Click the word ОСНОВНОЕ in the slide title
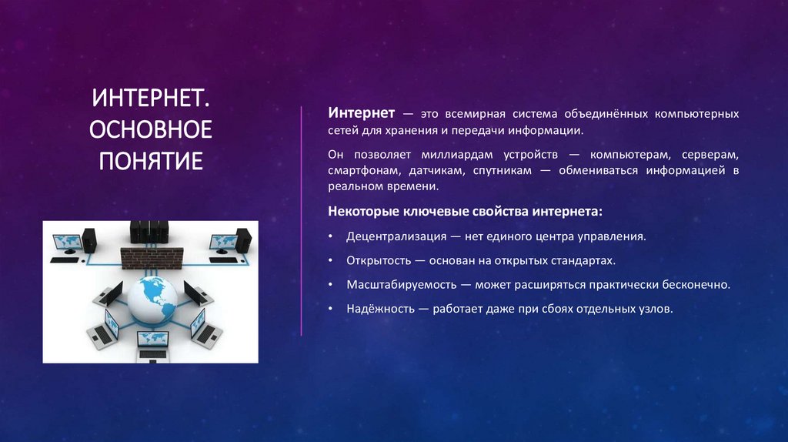(x=151, y=130)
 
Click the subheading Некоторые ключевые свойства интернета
(x=466, y=210)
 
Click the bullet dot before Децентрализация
(x=329, y=237)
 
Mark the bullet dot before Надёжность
(x=329, y=309)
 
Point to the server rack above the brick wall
(x=149, y=229)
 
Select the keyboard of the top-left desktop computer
(x=65, y=260)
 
